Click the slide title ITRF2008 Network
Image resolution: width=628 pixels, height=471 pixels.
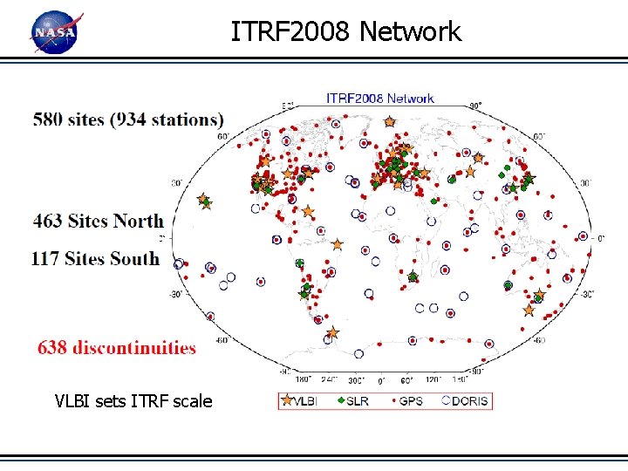pos(345,32)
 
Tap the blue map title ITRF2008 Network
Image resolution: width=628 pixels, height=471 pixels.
pos(379,98)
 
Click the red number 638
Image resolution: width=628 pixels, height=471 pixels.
pos(51,348)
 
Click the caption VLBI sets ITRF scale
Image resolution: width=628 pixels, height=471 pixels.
pos(133,401)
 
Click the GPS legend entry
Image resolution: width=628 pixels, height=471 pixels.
pos(405,401)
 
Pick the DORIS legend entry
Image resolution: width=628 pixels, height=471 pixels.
pos(463,401)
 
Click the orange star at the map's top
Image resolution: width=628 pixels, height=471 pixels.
pos(389,122)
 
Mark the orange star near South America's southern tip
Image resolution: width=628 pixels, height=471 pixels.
pos(331,332)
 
